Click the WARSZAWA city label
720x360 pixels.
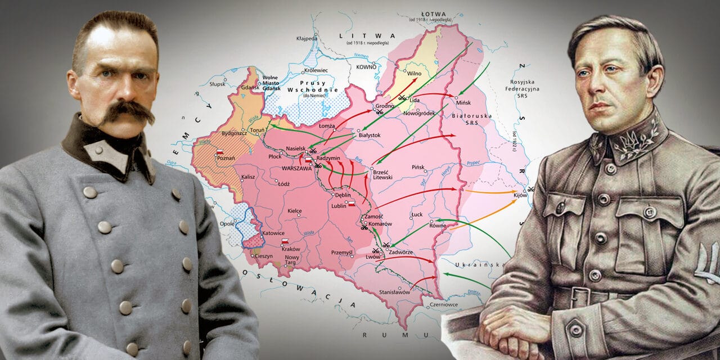tap(295, 167)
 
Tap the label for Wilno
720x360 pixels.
tap(414, 73)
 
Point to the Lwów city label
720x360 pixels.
tap(372, 256)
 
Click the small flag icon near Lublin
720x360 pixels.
tap(352, 204)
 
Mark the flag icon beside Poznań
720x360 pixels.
tap(220, 152)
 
